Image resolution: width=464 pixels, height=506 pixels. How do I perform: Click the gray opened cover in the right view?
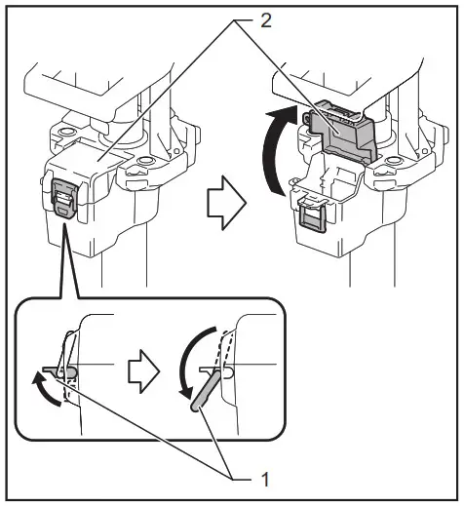341,133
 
